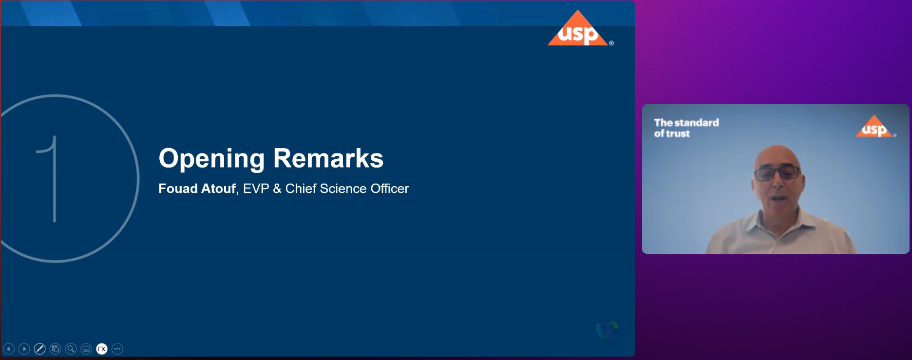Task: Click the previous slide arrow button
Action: coord(9,349)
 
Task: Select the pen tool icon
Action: coord(40,349)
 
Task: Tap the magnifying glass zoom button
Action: coord(71,349)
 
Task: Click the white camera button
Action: coord(102,349)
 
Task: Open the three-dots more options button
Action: coord(117,349)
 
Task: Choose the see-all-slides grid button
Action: coord(56,349)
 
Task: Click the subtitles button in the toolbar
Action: coord(86,349)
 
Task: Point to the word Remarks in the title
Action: coord(328,158)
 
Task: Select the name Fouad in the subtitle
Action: coord(178,189)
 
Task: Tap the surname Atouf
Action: coord(218,189)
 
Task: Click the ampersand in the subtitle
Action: coord(277,189)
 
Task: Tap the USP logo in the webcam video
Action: coord(875,127)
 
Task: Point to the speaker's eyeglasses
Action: coord(777,172)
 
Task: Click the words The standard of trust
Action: coord(686,128)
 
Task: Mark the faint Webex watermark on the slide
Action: coord(607,330)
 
